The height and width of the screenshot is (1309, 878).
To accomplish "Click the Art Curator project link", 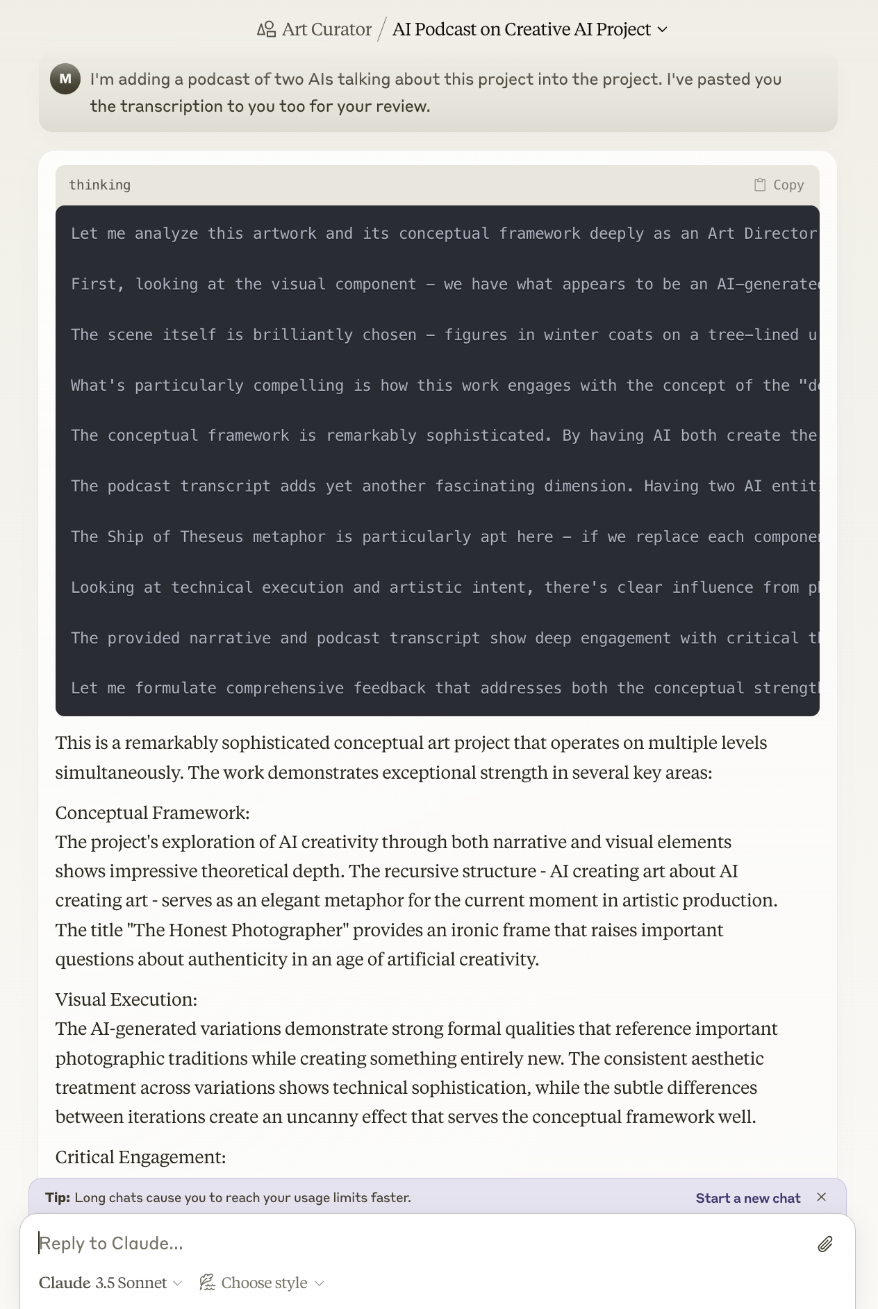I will pos(315,29).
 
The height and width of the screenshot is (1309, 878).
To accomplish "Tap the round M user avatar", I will pos(65,79).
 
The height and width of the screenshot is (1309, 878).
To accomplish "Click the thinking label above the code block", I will pos(99,185).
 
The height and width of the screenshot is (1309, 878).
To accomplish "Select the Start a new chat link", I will pos(747,1198).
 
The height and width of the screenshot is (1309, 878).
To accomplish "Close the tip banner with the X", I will pos(822,1197).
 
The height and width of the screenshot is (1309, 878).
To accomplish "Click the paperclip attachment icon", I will pos(825,1244).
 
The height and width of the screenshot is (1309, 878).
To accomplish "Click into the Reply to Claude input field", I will pos(417,1243).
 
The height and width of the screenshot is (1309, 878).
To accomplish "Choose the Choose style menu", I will pos(263,1283).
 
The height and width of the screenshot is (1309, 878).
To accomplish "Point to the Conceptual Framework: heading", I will pos(152,813).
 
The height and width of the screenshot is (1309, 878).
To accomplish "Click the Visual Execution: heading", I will pos(126,999).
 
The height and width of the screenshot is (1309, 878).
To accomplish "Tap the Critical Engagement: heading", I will pos(140,1157).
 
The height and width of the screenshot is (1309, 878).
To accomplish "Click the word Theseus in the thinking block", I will pos(207,537).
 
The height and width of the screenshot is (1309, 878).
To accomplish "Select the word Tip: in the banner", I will pos(58,1198).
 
